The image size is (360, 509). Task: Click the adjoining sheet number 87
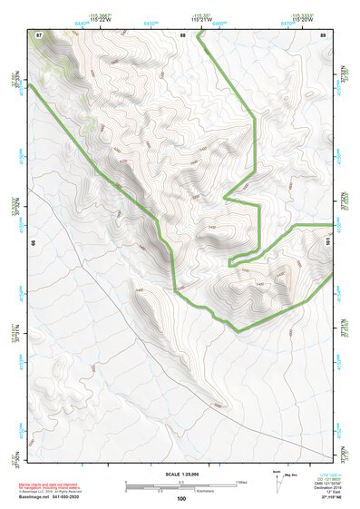coord(39,34)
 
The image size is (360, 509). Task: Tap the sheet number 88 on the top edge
coord(182,34)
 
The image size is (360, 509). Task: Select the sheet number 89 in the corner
coord(323,34)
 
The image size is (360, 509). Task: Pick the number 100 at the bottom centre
coord(181,498)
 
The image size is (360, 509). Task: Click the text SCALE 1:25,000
coord(181,475)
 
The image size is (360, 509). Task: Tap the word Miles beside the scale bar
coord(241,482)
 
